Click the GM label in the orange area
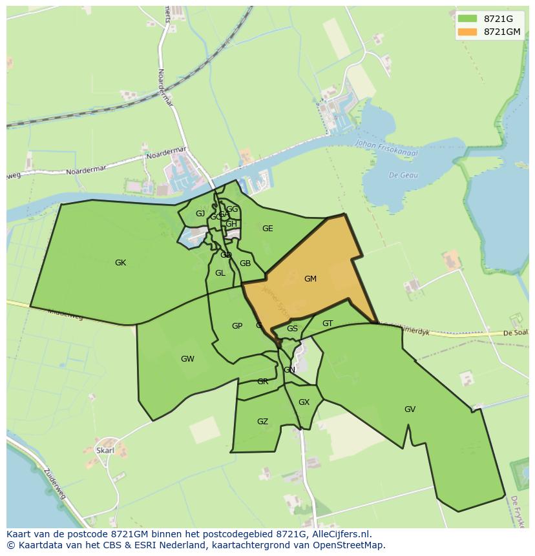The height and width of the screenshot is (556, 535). pyautogui.click(x=310, y=279)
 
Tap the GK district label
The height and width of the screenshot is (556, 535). pyautogui.click(x=120, y=263)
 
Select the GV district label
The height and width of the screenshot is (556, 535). pyautogui.click(x=410, y=409)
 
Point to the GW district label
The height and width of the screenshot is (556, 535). pyautogui.click(x=187, y=359)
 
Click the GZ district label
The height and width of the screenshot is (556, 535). pyautogui.click(x=262, y=422)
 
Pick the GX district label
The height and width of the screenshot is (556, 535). pyautogui.click(x=304, y=402)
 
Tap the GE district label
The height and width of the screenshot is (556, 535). pyautogui.click(x=267, y=229)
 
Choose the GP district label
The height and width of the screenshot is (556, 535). pyautogui.click(x=237, y=326)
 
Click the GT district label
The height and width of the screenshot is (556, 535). pyautogui.click(x=328, y=324)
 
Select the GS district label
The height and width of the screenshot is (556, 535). pyautogui.click(x=292, y=329)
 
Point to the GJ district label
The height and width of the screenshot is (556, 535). pyautogui.click(x=200, y=214)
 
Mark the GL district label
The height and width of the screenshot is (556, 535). pyautogui.click(x=220, y=273)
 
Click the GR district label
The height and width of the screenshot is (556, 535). pyautogui.click(x=262, y=382)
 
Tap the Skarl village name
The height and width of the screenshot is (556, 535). pyautogui.click(x=105, y=450)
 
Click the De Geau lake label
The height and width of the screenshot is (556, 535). pyautogui.click(x=403, y=175)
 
